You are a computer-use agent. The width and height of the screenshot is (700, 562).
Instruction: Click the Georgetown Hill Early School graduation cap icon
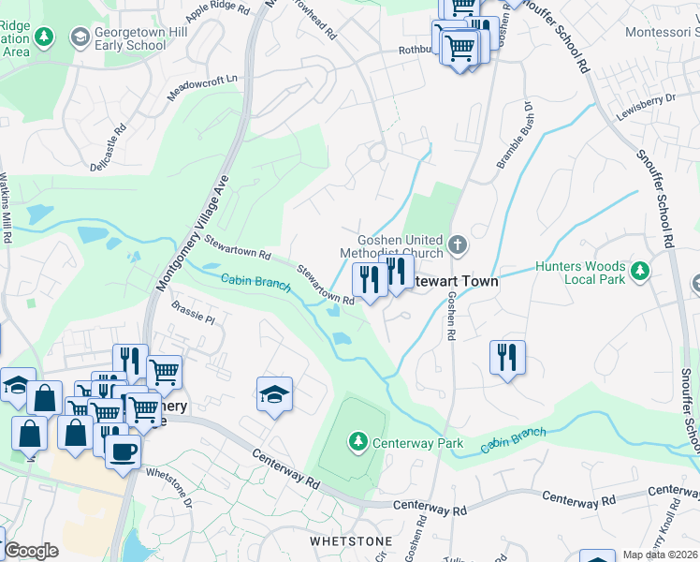(x=80, y=37)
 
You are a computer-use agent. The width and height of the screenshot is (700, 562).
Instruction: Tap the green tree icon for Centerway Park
(x=357, y=440)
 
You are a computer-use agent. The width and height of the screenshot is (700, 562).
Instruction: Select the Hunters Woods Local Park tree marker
(x=639, y=273)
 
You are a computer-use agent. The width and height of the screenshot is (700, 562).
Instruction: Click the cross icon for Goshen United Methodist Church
(x=458, y=245)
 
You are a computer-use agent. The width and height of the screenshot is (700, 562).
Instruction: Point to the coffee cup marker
(x=122, y=452)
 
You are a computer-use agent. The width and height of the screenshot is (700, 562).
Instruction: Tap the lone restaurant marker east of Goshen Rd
(x=506, y=357)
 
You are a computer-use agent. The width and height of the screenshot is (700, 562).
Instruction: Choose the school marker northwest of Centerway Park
(x=274, y=394)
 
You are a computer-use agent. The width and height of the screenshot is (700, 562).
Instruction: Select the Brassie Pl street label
(x=193, y=312)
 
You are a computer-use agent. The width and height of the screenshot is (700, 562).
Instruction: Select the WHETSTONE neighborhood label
(x=344, y=541)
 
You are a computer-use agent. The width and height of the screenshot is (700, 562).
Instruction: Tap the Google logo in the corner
(x=30, y=551)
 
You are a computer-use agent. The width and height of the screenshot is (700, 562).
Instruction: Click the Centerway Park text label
(x=417, y=442)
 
